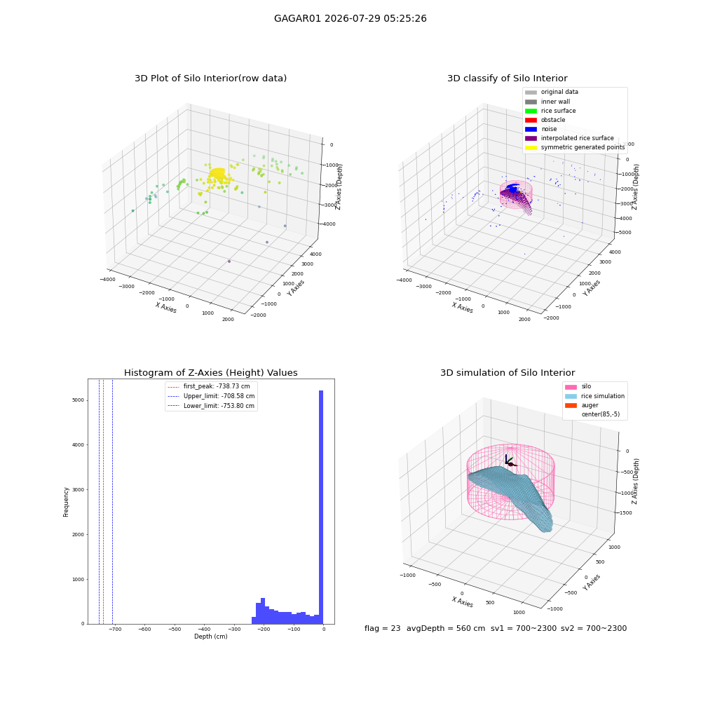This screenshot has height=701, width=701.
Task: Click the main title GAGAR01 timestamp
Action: pyautogui.click(x=350, y=18)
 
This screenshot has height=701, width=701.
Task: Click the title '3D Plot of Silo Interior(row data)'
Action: pyautogui.click(x=210, y=79)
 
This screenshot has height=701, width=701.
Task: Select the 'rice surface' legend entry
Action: pyautogui.click(x=550, y=111)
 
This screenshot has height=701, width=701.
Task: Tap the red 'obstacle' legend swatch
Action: pyautogui.click(x=531, y=120)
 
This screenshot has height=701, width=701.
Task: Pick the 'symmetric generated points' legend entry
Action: pyautogui.click(x=575, y=147)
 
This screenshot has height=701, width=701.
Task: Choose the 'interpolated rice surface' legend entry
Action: pyautogui.click(x=569, y=138)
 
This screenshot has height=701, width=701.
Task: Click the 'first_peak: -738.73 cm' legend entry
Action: pyautogui.click(x=209, y=386)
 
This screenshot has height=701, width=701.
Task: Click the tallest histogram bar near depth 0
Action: pyautogui.click(x=320, y=507)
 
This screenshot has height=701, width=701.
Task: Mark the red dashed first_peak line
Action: pyautogui.click(x=103, y=501)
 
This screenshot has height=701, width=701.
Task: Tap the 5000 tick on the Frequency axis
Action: pyautogui.click(x=78, y=400)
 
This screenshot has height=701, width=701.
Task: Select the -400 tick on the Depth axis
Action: pyautogui.click(x=204, y=629)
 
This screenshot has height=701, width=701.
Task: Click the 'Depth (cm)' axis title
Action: pyautogui.click(x=211, y=637)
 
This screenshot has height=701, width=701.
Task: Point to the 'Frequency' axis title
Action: pyautogui.click(x=66, y=502)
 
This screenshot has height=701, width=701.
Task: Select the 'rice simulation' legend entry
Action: pyautogui.click(x=594, y=396)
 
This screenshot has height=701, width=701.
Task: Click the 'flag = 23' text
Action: pyautogui.click(x=383, y=628)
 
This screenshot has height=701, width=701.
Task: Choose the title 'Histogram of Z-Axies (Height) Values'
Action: pyautogui.click(x=210, y=372)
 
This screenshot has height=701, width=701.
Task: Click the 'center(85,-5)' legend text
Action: pyautogui.click(x=601, y=414)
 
